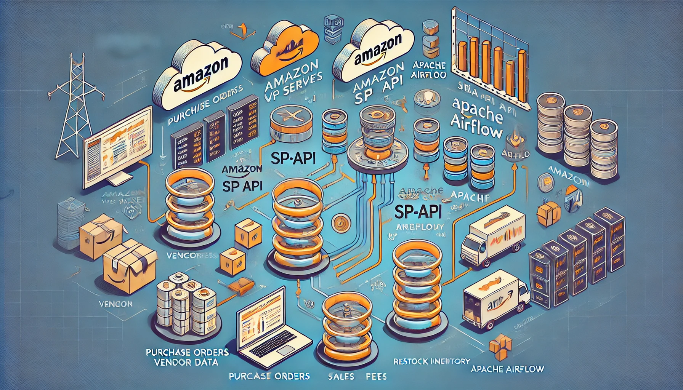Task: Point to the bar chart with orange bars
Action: point(492,57)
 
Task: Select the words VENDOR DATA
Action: point(187,362)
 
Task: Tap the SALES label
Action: point(341,377)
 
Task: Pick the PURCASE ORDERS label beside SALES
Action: point(269,376)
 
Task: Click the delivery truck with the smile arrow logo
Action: point(495,301)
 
